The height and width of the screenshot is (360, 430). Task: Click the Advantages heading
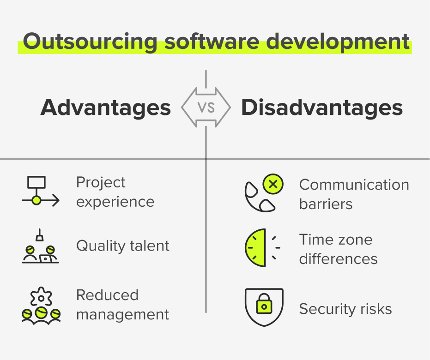tap(106, 108)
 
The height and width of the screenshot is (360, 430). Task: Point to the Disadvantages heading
tap(322, 108)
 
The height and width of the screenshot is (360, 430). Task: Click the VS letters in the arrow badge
tap(206, 108)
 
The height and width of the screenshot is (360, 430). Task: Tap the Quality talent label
tap(123, 246)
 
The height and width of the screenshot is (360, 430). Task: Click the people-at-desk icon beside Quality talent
tap(40, 250)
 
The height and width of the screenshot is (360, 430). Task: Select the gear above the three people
tap(40, 295)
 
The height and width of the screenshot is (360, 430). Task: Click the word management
tap(123, 315)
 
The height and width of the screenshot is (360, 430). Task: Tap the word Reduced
tap(107, 295)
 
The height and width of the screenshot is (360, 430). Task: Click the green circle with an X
tap(273, 185)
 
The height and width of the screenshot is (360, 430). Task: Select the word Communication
tap(354, 185)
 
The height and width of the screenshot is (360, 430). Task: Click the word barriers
tap(326, 204)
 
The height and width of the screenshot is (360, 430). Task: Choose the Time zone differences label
tap(338, 249)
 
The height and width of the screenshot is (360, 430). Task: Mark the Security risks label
tap(345, 309)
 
